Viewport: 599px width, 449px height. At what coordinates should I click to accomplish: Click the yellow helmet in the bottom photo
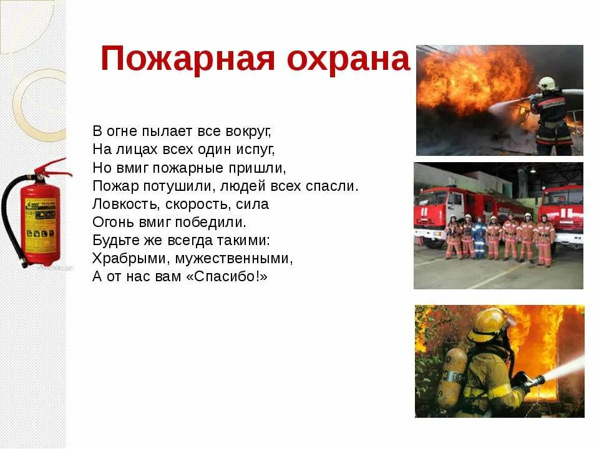point(487,325)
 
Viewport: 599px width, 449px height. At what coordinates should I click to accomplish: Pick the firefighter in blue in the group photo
point(479,238)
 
